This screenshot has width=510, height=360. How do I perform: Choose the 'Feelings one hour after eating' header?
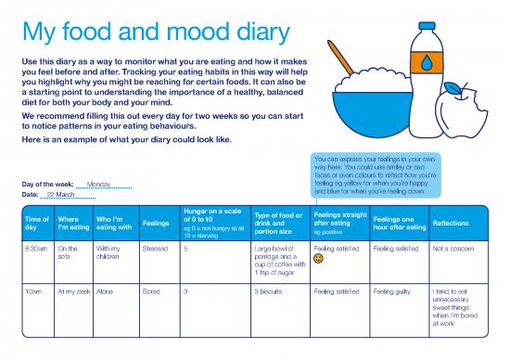tap(399, 224)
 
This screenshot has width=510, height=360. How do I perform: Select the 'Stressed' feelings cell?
tap(155, 249)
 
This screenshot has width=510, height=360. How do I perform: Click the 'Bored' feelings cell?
tap(150, 291)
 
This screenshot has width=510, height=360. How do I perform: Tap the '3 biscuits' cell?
tap(271, 291)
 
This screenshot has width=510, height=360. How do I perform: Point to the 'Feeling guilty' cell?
tap(394, 291)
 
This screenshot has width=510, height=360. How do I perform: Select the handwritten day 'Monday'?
tap(99, 184)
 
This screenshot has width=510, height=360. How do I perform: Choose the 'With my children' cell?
tap(109, 253)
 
